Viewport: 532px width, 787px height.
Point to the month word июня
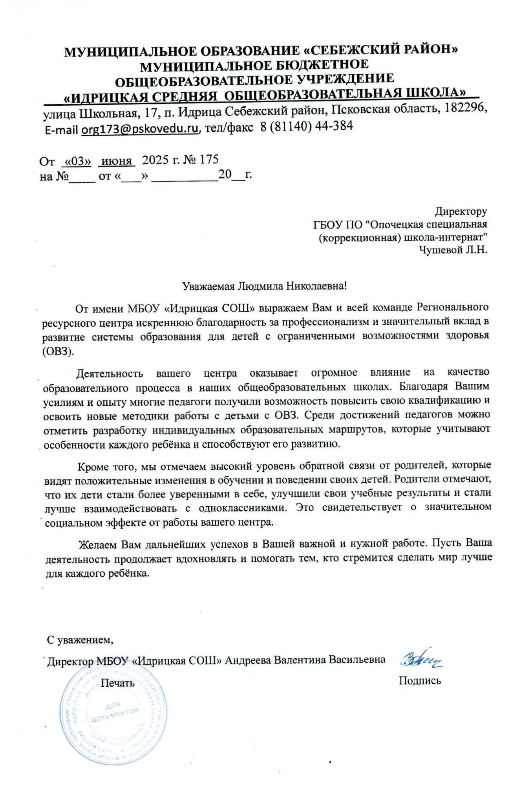click(x=117, y=161)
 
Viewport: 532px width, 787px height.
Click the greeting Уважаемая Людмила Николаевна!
click(x=265, y=286)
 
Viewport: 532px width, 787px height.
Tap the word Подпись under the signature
click(x=420, y=680)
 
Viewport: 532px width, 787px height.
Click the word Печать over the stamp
click(x=117, y=683)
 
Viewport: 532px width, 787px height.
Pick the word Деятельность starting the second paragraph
click(x=110, y=373)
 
